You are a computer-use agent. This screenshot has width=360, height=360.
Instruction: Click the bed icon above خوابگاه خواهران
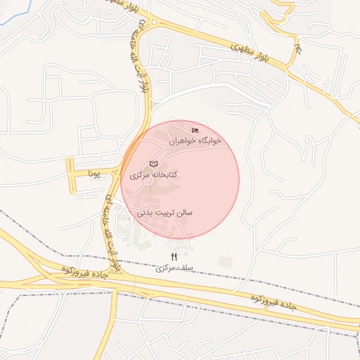pos(195,130)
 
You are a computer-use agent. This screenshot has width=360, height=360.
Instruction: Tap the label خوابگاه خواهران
pos(195,141)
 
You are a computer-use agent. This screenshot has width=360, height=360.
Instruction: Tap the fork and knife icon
pos(174,257)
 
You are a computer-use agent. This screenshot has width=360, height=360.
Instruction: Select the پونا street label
pos(94,172)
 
